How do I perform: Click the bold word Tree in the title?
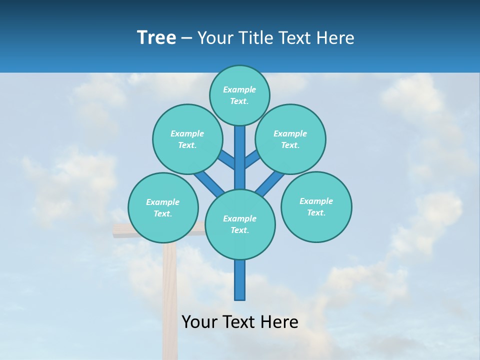click(x=156, y=38)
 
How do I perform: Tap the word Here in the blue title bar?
click(x=335, y=38)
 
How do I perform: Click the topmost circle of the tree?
click(x=239, y=95)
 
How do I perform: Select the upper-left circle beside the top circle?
click(x=187, y=139)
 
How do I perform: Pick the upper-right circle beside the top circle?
click(x=290, y=139)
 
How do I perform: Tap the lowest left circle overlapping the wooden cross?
click(x=163, y=207)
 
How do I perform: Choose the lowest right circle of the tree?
click(x=316, y=206)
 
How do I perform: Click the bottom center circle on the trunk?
click(x=240, y=224)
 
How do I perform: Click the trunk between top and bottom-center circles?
click(x=240, y=160)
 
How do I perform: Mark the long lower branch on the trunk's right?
click(x=270, y=182)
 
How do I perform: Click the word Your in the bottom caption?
click(x=200, y=322)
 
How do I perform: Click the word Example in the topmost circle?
click(x=239, y=89)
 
